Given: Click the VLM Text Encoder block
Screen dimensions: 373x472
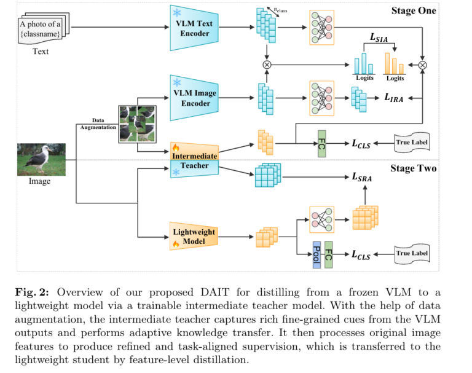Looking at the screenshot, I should (194, 28).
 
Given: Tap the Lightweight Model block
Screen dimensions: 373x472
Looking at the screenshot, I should (194, 237).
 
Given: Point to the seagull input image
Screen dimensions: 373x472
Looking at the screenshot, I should (41, 159).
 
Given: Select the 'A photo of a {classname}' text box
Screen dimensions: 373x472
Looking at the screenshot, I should (41, 28).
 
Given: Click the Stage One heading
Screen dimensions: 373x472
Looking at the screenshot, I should (413, 10).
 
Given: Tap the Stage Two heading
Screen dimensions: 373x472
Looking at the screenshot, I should (413, 168).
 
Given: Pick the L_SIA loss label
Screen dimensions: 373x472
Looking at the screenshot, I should (380, 38).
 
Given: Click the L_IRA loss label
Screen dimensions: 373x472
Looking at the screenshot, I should (394, 98).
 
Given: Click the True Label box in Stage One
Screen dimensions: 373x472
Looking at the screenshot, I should (412, 144).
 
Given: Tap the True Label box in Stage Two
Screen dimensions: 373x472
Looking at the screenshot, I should (412, 253).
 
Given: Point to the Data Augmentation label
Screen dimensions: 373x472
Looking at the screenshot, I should (98, 124).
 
